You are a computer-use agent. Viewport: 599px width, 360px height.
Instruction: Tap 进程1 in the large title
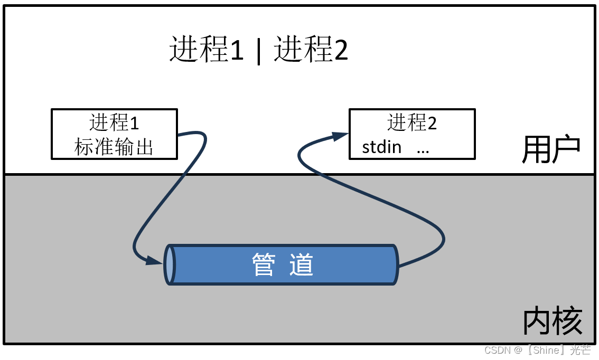coord(207,51)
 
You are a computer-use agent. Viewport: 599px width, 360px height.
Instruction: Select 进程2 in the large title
coord(311,51)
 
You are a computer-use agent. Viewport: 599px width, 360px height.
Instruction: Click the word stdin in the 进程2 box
coord(381,146)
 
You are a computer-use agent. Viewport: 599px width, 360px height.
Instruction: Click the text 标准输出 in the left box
coord(114,147)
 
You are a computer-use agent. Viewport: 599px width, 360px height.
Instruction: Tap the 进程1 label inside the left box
coord(114,122)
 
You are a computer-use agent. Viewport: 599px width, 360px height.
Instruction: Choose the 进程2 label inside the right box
coord(412,122)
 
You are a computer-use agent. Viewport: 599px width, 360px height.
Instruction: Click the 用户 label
coord(551,150)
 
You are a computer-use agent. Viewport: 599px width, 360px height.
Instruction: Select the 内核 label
coord(553,320)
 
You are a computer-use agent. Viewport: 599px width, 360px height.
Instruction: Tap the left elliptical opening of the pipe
coord(169,264)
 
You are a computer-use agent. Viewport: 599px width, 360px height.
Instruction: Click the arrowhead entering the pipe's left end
coord(155,260)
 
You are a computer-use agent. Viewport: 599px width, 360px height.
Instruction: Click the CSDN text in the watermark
coord(496,350)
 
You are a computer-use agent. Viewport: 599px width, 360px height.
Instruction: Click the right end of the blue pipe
coord(396,264)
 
